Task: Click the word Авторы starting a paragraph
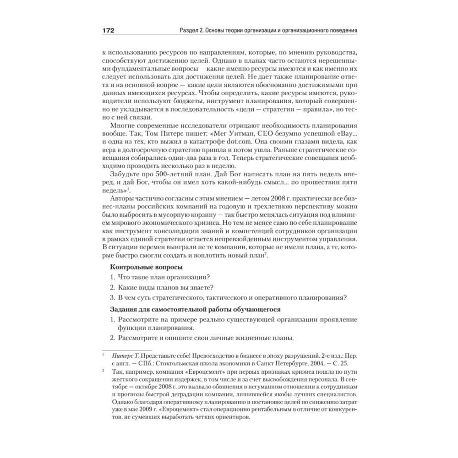[122, 199]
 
